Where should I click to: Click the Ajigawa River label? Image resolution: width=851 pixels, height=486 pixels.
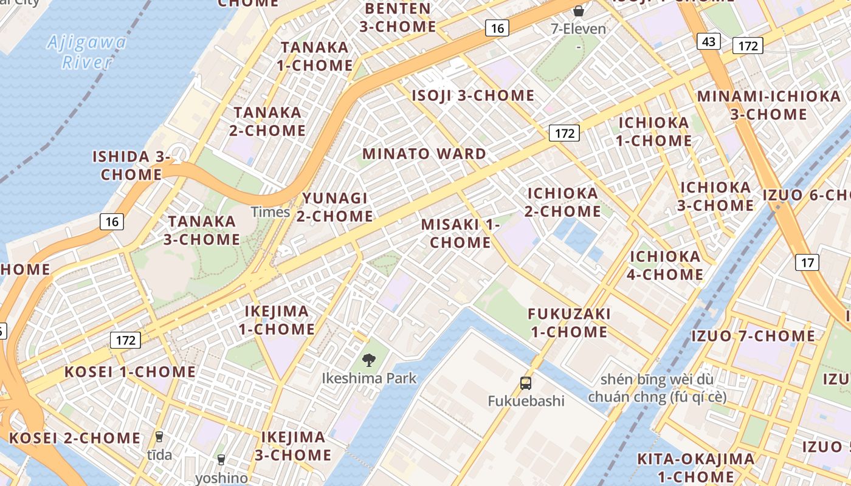click(x=87, y=52)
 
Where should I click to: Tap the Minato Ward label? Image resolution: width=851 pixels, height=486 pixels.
click(x=424, y=154)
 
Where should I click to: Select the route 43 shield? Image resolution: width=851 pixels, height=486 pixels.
click(x=709, y=41)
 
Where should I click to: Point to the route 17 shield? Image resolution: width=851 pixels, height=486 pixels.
click(x=807, y=262)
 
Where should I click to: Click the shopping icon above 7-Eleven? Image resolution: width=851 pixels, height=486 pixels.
click(x=579, y=10)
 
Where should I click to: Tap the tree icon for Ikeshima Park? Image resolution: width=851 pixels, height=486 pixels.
click(x=368, y=360)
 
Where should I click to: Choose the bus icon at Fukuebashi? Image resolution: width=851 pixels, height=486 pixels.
click(x=526, y=383)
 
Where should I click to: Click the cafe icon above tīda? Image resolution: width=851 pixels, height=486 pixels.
click(x=159, y=436)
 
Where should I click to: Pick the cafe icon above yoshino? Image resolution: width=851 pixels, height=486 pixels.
click(x=221, y=460)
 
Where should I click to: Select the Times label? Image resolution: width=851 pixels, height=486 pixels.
click(x=270, y=212)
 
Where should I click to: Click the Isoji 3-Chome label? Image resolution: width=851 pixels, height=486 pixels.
click(x=473, y=96)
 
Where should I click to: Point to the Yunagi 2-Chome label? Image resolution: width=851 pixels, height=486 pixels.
click(x=335, y=207)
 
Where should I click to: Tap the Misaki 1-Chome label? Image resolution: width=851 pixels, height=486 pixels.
click(x=460, y=233)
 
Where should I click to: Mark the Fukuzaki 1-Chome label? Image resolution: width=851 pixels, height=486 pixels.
click(x=569, y=323)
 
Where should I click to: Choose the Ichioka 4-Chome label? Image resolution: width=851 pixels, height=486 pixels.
click(x=666, y=265)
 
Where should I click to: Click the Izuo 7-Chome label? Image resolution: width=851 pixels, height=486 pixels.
click(x=753, y=336)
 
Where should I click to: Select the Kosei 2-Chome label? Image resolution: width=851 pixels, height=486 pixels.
click(x=74, y=438)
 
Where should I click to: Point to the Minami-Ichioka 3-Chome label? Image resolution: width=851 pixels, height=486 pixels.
click(x=768, y=105)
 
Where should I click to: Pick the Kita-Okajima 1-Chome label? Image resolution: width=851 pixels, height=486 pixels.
click(x=695, y=467)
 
